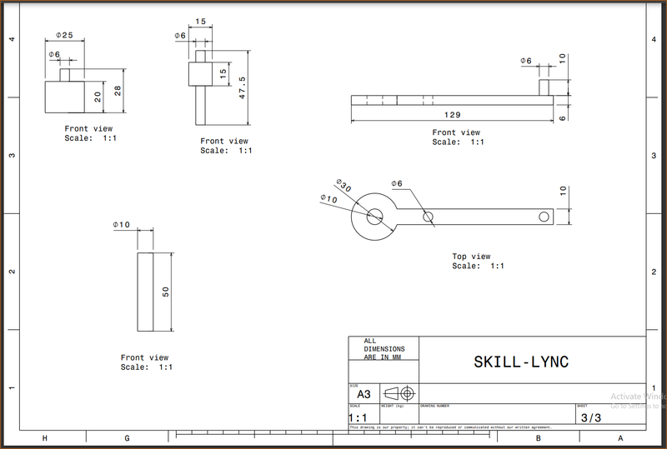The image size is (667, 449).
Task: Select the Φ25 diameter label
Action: click(x=64, y=35)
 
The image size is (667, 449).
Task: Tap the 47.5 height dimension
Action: click(x=241, y=87)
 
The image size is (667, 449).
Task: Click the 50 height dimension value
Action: click(x=165, y=292)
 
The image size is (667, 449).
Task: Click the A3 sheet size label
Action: click(x=364, y=395)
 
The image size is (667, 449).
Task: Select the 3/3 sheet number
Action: click(x=589, y=418)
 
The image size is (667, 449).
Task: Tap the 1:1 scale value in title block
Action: click(x=359, y=418)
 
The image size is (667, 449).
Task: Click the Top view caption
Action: click(x=471, y=257)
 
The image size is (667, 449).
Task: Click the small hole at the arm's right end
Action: click(x=544, y=217)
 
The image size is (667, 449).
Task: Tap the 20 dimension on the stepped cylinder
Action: click(x=98, y=97)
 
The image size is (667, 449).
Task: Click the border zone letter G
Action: click(x=127, y=437)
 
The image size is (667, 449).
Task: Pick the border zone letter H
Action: click(x=44, y=437)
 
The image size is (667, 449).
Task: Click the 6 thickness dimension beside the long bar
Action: click(x=562, y=119)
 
